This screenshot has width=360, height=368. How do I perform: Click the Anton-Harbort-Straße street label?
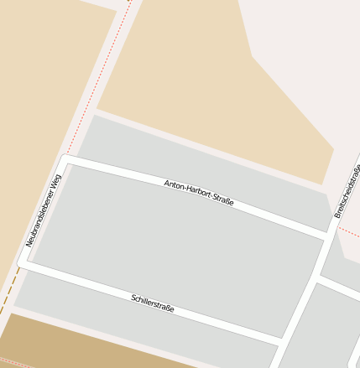point(199,193)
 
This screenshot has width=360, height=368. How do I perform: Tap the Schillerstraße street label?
point(153,303)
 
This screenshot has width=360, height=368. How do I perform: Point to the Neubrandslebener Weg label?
point(44,210)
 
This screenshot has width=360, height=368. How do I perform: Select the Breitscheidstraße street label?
point(347,193)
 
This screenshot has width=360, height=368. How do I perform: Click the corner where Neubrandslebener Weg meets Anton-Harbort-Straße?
point(65,158)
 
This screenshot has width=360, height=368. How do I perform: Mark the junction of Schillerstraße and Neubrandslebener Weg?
point(23,262)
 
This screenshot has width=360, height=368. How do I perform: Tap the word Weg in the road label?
point(56,182)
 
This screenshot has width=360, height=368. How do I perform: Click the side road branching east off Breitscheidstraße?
point(339,286)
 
